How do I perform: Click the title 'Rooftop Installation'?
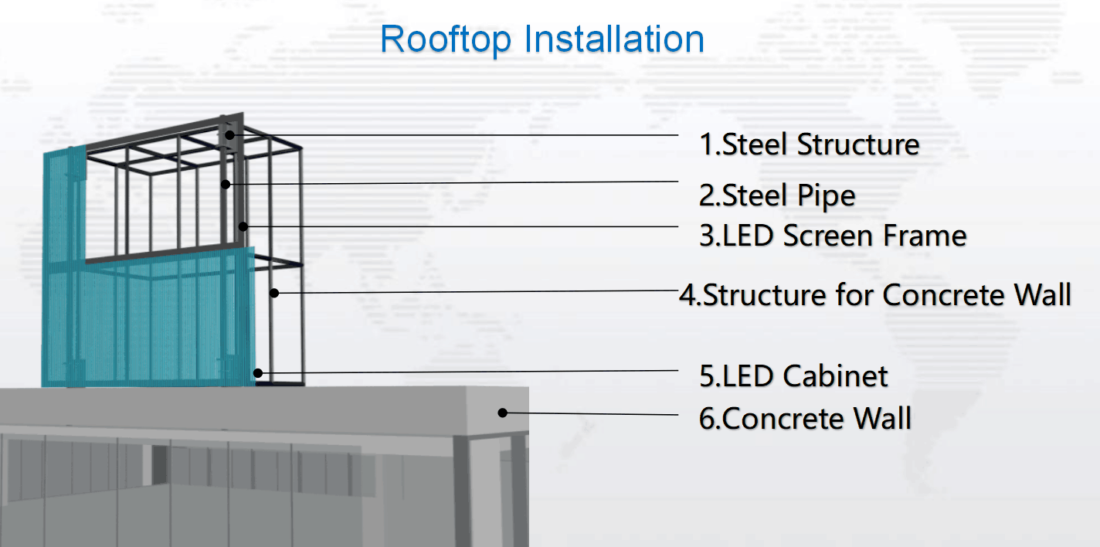click(542, 39)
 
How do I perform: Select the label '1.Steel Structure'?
click(810, 144)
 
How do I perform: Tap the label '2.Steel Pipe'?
click(777, 196)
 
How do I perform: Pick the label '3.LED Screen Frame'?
click(833, 236)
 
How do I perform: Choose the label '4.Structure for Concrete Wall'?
click(875, 294)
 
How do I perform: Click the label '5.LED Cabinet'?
click(793, 376)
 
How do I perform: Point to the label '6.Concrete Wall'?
click(806, 418)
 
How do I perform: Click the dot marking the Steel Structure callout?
click(230, 134)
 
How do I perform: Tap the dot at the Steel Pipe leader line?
click(226, 184)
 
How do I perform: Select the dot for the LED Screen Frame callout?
click(243, 226)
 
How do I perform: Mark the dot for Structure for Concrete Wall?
click(274, 293)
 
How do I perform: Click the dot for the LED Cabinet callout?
click(258, 373)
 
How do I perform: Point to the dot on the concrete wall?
click(502, 413)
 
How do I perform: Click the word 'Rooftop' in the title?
click(446, 39)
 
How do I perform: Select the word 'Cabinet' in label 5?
click(835, 376)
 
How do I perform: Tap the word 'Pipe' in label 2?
click(827, 196)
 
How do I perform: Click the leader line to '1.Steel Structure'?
click(454, 134)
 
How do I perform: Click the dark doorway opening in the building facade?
click(159, 465)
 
